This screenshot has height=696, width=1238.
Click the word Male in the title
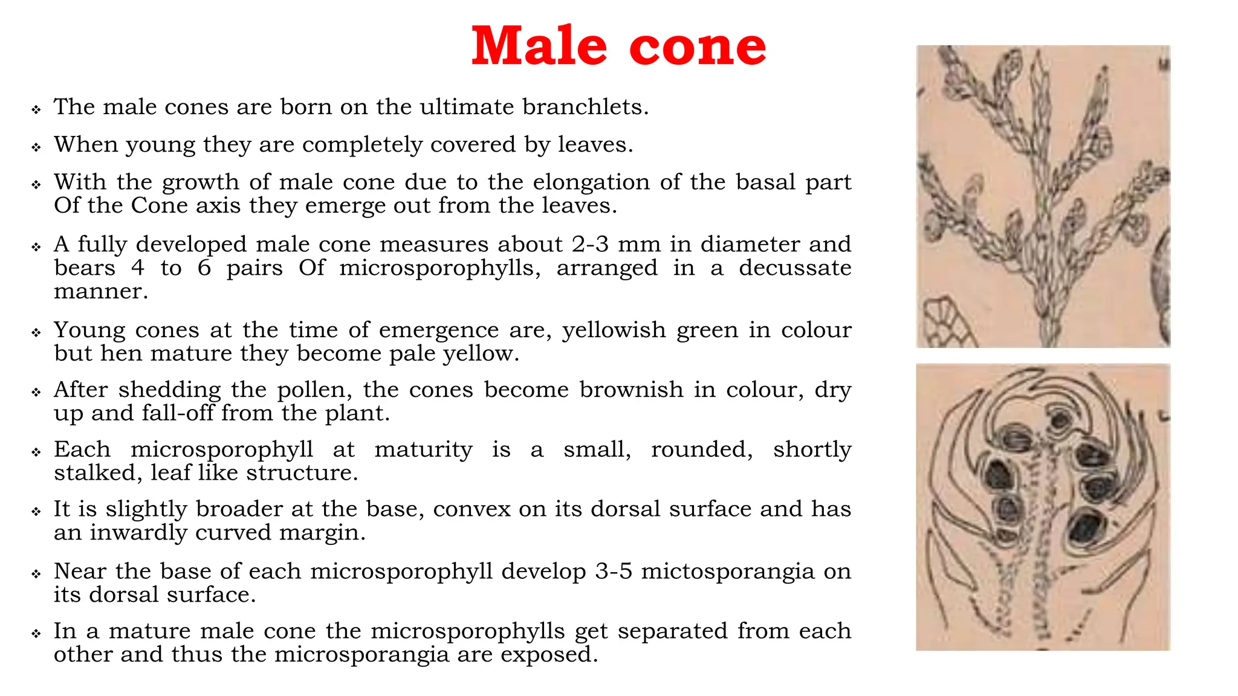coord(539,47)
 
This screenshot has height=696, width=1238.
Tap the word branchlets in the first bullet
coord(585,107)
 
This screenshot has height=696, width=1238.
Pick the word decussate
coord(794,268)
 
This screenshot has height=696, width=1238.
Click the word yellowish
coord(614,330)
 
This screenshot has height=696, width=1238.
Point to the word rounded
coord(701,449)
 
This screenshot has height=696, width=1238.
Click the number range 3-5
coord(613,572)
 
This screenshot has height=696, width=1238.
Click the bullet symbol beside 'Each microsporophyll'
coord(36,452)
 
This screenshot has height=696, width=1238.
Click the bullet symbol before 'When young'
coord(36,147)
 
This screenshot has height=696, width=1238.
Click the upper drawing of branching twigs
coord(1043,196)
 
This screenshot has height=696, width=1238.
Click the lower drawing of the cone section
coord(1043,507)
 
